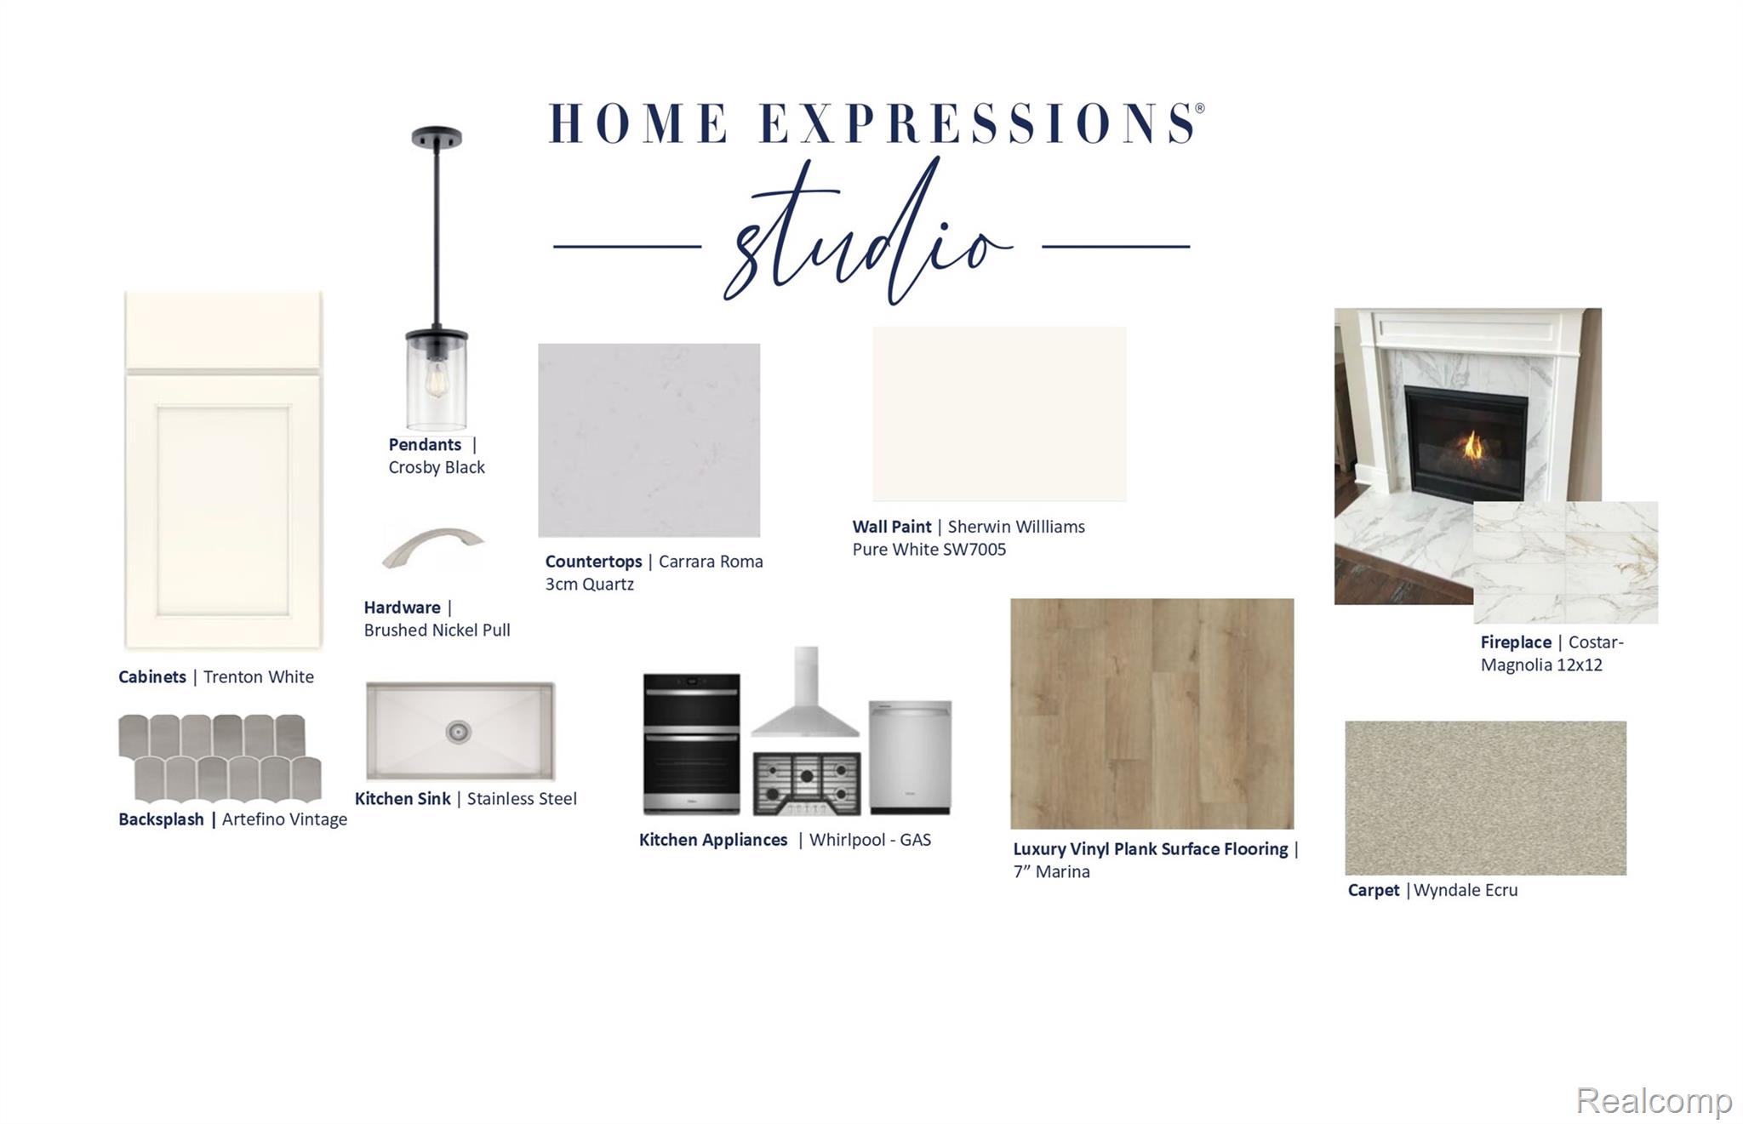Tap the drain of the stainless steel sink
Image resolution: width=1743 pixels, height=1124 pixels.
pos(458,731)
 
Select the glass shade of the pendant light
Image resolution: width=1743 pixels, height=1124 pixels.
pos(437,381)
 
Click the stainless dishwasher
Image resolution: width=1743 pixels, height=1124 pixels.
pos(910,756)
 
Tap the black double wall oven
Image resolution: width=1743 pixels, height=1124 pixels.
pos(691,744)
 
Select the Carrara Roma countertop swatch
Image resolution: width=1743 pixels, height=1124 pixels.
pos(649,440)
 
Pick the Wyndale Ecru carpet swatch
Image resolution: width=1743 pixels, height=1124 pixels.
pos(1485,798)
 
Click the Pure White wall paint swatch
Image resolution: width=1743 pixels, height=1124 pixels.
pos(999,414)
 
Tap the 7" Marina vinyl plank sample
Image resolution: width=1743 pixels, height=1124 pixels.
pos(1152,713)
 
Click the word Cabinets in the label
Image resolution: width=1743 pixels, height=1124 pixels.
pos(152,677)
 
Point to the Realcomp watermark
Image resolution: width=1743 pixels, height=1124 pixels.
pos(1654,1100)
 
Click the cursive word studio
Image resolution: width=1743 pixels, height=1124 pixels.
pos(868,231)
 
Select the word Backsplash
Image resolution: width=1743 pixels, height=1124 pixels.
pos(161,819)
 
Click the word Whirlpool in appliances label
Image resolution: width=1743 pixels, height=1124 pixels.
pos(847,840)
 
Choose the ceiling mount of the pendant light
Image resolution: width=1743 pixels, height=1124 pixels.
pos(437,137)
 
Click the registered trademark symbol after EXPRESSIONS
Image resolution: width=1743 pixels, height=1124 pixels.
pos(1200,108)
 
